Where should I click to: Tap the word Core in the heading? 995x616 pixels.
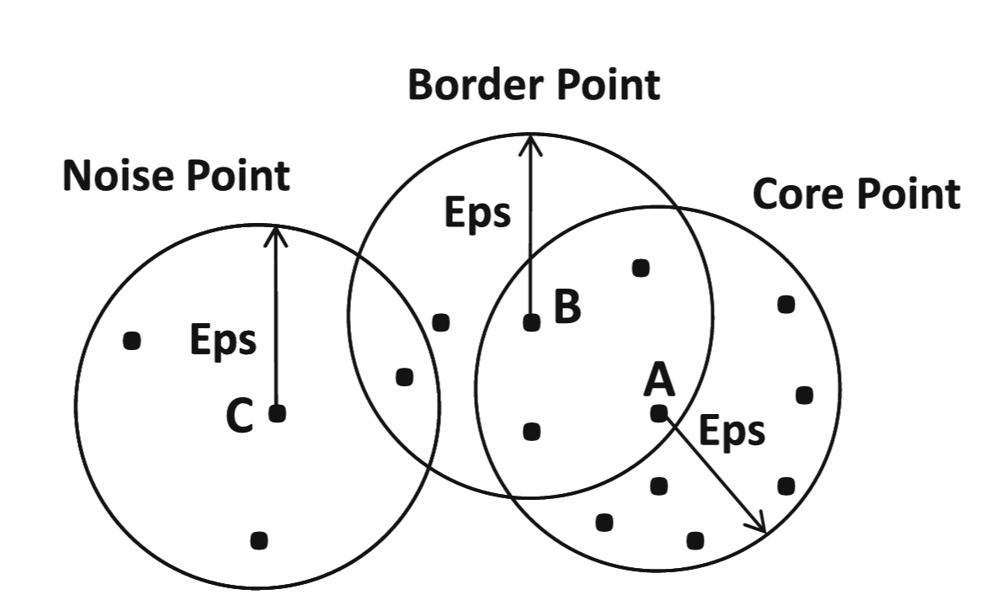(x=798, y=194)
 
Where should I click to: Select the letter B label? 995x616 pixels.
(x=567, y=307)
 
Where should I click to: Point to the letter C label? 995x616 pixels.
(x=240, y=417)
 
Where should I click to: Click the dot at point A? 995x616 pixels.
(x=659, y=413)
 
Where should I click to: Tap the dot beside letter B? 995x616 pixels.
(x=531, y=322)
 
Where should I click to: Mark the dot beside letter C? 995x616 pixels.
(x=277, y=413)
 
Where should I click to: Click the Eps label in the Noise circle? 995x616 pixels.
(x=222, y=341)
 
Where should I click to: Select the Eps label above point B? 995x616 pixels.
(x=477, y=212)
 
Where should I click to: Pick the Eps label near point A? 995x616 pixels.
(x=732, y=431)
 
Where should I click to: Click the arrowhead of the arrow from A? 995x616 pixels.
(x=760, y=527)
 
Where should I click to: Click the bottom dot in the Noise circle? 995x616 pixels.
(x=259, y=540)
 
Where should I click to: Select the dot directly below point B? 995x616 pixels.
(x=531, y=432)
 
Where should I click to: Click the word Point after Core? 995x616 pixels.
(x=907, y=194)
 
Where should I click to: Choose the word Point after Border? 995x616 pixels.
(x=607, y=85)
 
